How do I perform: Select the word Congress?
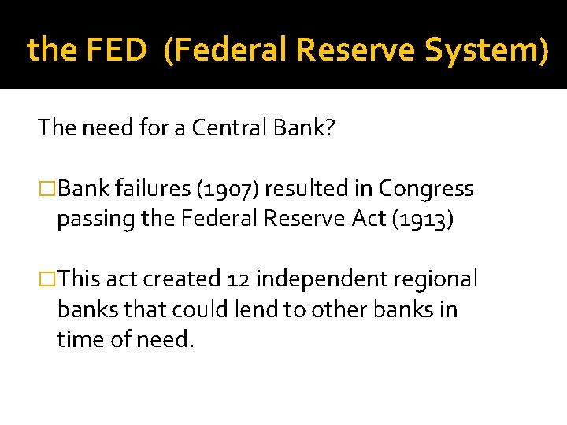pos(426,190)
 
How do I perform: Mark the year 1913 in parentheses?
pos(425,220)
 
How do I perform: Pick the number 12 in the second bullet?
pos(236,279)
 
